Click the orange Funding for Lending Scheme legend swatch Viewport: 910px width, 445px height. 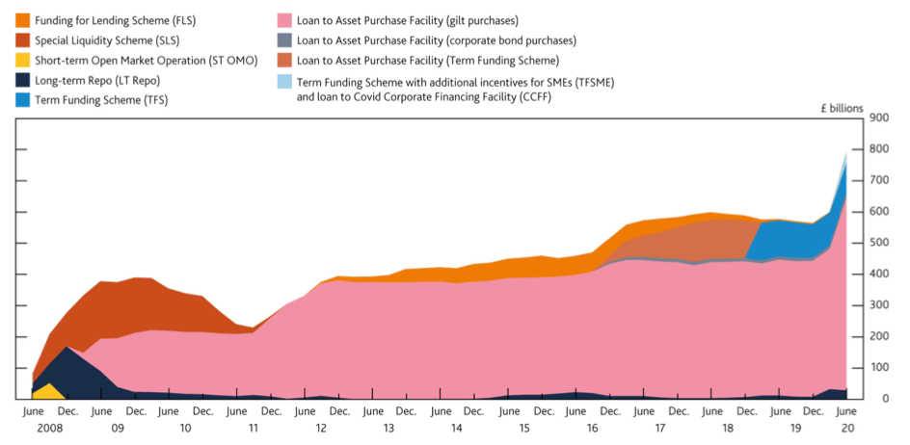click(x=22, y=20)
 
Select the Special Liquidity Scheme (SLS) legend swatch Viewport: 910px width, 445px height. click(x=22, y=40)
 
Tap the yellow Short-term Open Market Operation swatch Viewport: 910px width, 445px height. click(x=22, y=61)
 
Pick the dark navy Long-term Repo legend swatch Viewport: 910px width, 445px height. click(x=22, y=80)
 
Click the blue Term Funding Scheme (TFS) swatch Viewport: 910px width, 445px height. click(x=22, y=100)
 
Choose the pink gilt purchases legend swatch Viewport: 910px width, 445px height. click(x=286, y=20)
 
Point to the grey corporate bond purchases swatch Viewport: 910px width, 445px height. click(x=286, y=40)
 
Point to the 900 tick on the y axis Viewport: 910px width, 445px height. click(x=878, y=118)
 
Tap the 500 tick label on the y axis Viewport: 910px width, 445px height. click(x=878, y=243)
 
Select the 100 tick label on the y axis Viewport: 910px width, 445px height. click(x=878, y=368)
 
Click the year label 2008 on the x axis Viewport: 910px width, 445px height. click(x=34, y=427)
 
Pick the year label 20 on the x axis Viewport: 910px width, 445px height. click(x=847, y=427)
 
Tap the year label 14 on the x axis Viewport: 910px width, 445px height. click(x=456, y=427)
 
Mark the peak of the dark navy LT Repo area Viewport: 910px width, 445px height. click(x=66, y=350)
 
